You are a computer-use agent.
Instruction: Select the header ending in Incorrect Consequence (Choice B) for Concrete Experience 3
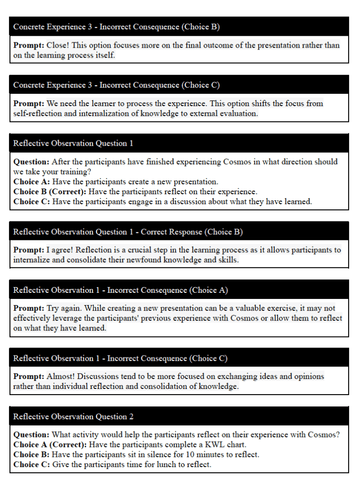[x=117, y=27]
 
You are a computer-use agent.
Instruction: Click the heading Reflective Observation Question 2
[x=73, y=417]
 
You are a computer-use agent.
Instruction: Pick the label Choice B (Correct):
[x=50, y=191]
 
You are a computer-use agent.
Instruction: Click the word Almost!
[x=61, y=376]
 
